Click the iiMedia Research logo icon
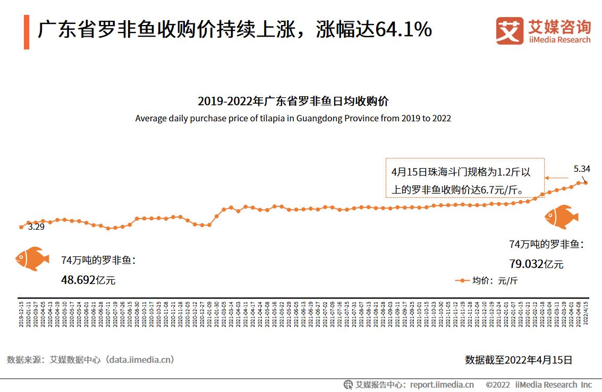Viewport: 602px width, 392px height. (509, 31)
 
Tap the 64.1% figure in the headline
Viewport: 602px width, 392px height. (403, 30)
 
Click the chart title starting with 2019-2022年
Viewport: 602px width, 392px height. (293, 101)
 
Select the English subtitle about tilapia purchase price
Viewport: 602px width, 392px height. (293, 118)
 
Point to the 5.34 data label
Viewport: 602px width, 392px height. (582, 169)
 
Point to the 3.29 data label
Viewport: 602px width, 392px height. (36, 227)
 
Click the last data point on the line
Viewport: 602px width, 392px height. (586, 182)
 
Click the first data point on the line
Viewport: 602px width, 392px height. (21, 227)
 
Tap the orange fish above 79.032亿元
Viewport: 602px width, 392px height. (561, 217)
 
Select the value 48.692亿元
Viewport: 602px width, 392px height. (88, 280)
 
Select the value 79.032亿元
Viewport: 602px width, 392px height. (536, 264)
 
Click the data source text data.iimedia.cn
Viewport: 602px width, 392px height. (140, 360)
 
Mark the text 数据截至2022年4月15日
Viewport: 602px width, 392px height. (519, 360)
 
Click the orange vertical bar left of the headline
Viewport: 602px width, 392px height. (26, 32)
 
